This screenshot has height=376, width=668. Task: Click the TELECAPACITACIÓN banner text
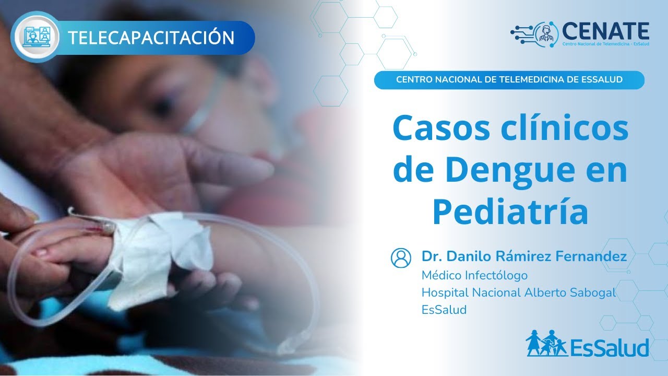pos(151,38)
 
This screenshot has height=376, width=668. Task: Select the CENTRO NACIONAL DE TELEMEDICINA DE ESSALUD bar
pos(509,80)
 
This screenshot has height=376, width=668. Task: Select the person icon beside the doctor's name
pos(401,257)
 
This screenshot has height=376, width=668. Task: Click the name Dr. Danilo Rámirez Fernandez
pos(524,256)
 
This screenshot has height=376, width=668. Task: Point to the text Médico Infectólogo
pos(474,275)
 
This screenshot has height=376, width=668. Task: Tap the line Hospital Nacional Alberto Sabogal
pos(519,292)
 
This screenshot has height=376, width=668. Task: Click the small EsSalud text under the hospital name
pos(444,310)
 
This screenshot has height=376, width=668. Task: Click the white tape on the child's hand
pos(157,256)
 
